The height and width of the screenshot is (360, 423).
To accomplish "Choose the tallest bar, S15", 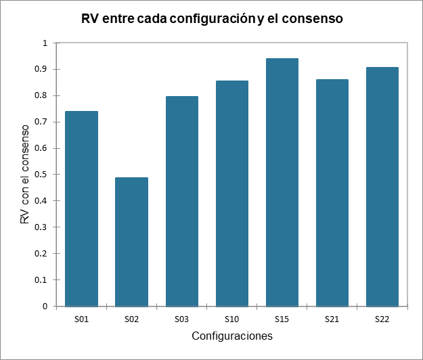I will click(282, 182).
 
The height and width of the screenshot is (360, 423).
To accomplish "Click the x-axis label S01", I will click(81, 317).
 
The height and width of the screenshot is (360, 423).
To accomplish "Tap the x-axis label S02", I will click(131, 317).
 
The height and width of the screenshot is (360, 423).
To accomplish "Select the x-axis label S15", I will click(282, 317).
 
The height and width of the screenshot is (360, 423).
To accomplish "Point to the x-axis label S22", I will click(382, 317).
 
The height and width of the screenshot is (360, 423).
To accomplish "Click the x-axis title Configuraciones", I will click(231, 336).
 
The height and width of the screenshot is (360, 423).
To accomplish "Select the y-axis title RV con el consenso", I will click(24, 175).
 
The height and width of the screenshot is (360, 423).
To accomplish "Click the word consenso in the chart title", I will click(314, 20).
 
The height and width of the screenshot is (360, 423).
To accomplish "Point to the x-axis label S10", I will click(231, 317).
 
